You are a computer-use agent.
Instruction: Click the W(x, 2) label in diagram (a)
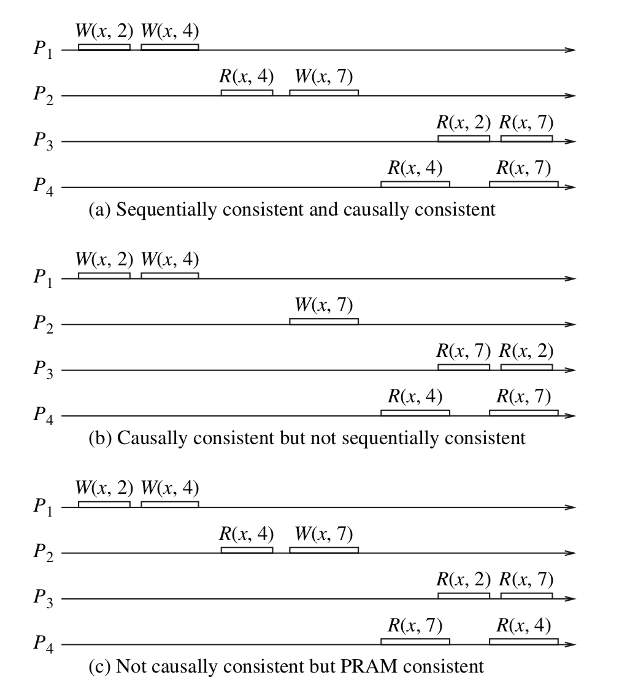click(104, 30)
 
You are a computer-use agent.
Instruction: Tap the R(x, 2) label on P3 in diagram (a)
click(464, 122)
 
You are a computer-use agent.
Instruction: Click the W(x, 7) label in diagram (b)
click(324, 305)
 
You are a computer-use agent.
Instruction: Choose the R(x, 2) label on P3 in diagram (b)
click(526, 351)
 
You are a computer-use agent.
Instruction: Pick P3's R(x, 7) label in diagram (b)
click(464, 351)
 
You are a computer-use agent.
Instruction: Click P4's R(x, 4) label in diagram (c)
click(523, 626)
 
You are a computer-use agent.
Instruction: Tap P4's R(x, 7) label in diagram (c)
click(415, 626)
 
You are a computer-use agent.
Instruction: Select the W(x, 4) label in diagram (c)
click(170, 488)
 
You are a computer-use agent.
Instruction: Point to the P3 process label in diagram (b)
click(44, 372)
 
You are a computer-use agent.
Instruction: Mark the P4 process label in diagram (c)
click(44, 646)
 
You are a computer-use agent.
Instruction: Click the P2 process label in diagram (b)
click(44, 326)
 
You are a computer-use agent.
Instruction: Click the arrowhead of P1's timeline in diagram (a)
click(571, 50)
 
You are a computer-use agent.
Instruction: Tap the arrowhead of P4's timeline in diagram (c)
click(571, 644)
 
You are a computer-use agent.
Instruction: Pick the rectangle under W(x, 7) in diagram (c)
click(324, 550)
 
